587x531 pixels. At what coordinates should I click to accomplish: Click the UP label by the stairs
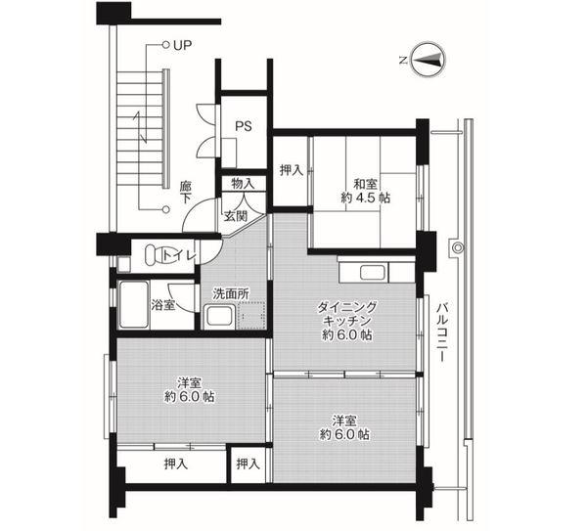(182, 45)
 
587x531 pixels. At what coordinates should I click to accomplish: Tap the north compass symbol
(428, 60)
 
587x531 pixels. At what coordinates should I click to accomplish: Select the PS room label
(244, 126)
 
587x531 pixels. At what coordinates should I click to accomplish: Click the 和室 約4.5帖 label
(365, 191)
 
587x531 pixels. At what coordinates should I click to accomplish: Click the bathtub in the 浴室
(134, 304)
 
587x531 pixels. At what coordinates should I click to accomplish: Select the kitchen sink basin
(372, 272)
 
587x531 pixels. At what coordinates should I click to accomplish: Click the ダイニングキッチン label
(346, 314)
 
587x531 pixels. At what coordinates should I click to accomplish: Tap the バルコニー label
(443, 332)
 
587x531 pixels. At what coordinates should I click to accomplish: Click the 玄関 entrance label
(236, 216)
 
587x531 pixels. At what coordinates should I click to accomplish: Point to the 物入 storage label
(243, 184)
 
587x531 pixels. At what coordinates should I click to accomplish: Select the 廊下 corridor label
(185, 192)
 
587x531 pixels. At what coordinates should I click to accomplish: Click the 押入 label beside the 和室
(292, 170)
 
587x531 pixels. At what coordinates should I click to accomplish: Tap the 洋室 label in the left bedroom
(190, 382)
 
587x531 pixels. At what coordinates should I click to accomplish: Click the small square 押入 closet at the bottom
(248, 465)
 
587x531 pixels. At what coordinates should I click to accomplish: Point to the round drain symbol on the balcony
(458, 247)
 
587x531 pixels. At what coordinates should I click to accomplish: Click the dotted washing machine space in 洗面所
(250, 315)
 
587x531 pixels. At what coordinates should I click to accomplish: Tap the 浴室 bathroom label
(163, 304)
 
